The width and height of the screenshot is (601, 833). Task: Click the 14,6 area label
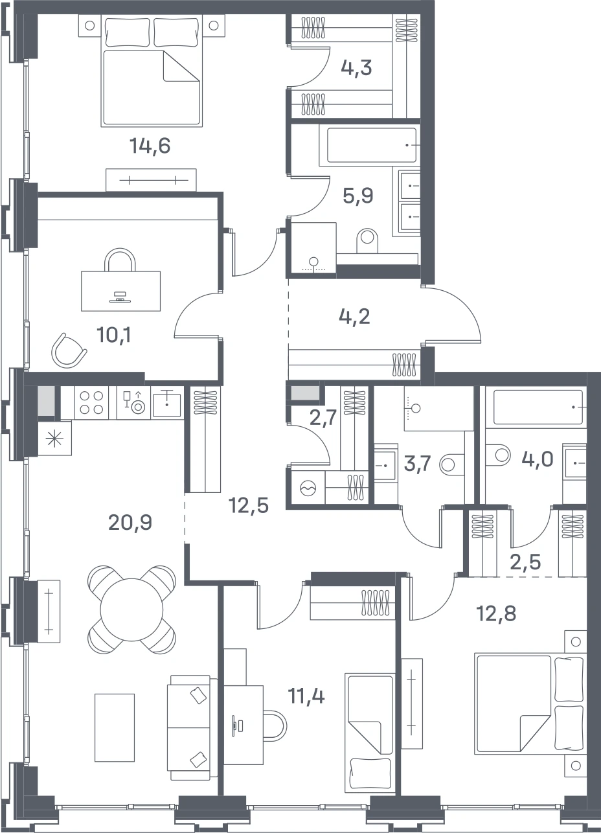click(x=150, y=146)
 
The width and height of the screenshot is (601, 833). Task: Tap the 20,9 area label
click(x=130, y=523)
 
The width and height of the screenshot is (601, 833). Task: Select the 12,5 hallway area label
click(x=249, y=506)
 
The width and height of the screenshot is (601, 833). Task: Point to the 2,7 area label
click(x=323, y=418)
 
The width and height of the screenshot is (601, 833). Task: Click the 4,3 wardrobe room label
click(x=356, y=68)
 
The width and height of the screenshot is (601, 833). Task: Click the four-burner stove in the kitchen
click(x=91, y=403)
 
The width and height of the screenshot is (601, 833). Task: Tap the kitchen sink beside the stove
click(x=167, y=403)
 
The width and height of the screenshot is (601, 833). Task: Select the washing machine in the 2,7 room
click(x=308, y=488)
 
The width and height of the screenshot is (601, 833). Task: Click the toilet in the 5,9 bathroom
click(x=367, y=240)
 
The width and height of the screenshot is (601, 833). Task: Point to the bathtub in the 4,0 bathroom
click(x=538, y=407)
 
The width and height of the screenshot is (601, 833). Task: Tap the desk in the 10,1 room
click(x=121, y=291)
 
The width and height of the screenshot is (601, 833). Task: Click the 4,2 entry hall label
click(x=354, y=317)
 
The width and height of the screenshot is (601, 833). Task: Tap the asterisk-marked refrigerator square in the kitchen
click(x=54, y=439)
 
